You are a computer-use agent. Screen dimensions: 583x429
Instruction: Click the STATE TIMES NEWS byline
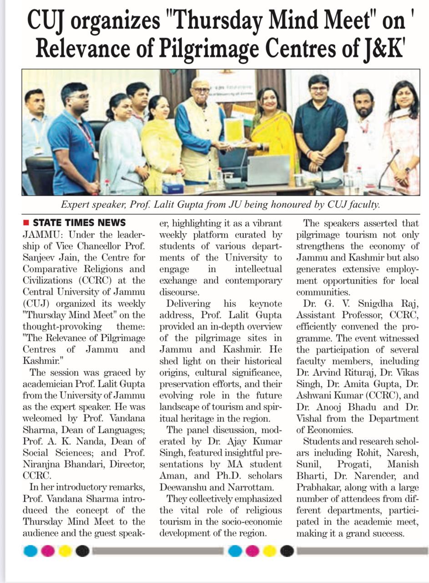(x=79, y=223)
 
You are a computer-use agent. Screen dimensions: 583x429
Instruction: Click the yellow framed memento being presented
(x=234, y=130)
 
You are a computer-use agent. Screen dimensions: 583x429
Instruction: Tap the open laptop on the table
(x=268, y=169)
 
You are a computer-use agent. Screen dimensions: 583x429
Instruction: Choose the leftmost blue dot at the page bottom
(x=30, y=551)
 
